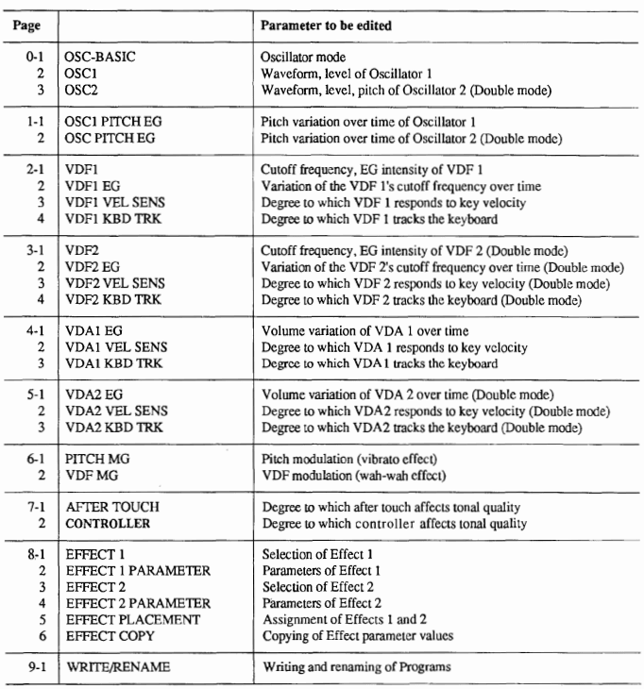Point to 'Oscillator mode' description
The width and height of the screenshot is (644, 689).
pos(304,58)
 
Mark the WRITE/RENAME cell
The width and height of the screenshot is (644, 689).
pos(115,668)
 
